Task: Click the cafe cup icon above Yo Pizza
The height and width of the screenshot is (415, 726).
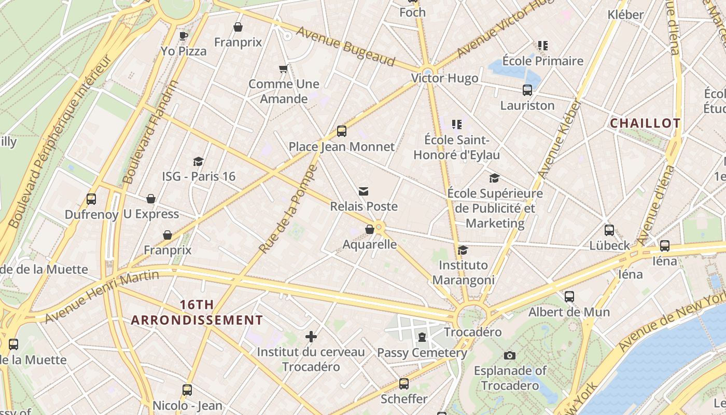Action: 183,36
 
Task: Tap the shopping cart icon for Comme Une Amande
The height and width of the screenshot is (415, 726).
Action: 283,68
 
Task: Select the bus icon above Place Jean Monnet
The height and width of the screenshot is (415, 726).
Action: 341,131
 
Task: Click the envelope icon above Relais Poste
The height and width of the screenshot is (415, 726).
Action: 364,191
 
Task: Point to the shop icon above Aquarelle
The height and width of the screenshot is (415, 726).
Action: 370,229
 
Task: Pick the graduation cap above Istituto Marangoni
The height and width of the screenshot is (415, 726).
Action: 463,250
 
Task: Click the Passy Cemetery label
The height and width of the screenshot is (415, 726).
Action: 422,353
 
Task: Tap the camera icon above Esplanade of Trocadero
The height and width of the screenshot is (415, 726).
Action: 510,355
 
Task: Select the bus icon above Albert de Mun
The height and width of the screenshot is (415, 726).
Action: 569,297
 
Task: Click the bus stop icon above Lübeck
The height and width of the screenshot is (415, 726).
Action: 609,230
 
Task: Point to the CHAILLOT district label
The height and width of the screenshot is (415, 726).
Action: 645,123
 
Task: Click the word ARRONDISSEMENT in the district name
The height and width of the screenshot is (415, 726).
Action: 197,320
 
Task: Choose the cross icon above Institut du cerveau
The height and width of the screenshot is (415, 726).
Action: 311,337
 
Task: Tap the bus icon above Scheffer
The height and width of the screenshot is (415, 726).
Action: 403,384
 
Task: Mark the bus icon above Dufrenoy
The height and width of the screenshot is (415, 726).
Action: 91,199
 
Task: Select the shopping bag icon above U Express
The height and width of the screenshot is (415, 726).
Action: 151,199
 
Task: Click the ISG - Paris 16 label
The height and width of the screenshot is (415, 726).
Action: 199,176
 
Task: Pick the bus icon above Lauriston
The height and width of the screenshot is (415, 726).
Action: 527,90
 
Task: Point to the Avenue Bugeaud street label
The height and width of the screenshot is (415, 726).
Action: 345,47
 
